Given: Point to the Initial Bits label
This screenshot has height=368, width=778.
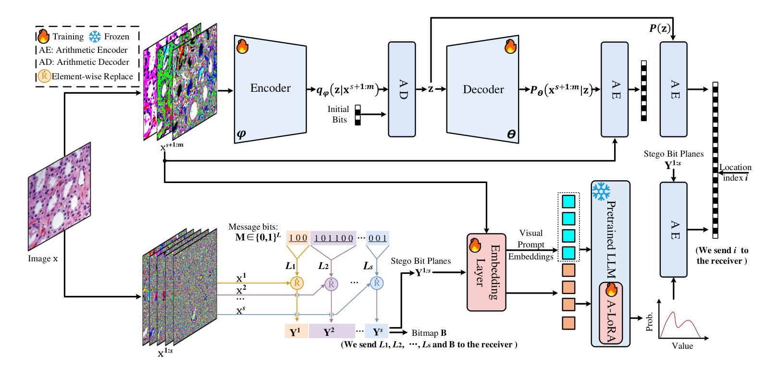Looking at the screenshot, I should (338, 114).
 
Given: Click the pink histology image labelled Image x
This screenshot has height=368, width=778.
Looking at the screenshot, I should (59, 197).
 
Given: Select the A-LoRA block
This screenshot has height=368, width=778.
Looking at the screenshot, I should (610, 313).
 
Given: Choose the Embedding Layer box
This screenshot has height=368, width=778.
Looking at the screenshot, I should (486, 271).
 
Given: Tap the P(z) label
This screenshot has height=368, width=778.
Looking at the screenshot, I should (660, 28).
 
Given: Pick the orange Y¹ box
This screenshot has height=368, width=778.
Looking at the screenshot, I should (295, 331).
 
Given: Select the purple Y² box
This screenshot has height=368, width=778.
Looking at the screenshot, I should (329, 331).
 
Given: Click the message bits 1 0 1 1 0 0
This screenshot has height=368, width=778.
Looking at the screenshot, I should (334, 238).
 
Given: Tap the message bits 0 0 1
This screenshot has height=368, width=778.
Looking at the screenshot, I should (377, 238).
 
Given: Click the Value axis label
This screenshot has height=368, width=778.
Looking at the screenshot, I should (682, 345).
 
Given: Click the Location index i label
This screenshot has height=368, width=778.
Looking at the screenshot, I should (735, 172).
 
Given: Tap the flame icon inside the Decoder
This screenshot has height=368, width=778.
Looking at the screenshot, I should (510, 47).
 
